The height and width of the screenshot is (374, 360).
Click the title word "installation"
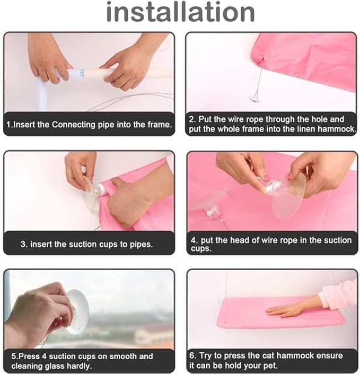click(180, 13)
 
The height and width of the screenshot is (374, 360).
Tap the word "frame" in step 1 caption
click(159, 125)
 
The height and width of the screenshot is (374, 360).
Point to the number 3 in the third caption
click(23, 244)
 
